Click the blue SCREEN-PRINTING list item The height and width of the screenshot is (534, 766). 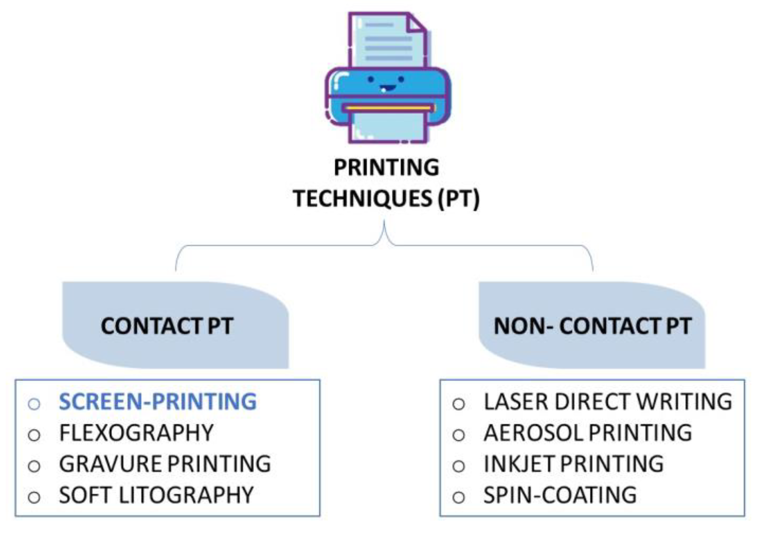pyautogui.click(x=157, y=402)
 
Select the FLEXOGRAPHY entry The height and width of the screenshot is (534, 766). pyautogui.click(x=136, y=433)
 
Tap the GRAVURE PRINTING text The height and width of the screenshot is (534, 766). pyautogui.click(x=165, y=464)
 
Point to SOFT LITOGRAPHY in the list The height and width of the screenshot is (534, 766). pyautogui.click(x=156, y=495)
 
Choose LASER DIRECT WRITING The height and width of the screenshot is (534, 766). pyautogui.click(x=608, y=402)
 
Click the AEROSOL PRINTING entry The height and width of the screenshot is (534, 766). pyautogui.click(x=588, y=433)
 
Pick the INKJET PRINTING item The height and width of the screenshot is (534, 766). pyautogui.click(x=574, y=464)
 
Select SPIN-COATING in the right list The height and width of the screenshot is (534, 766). pyautogui.click(x=560, y=495)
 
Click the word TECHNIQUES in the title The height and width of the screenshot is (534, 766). pyautogui.click(x=363, y=198)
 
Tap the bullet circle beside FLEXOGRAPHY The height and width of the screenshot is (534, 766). pyautogui.click(x=34, y=435)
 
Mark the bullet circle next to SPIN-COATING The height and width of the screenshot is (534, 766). pyautogui.click(x=458, y=497)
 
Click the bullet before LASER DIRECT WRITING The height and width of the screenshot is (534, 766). pyautogui.click(x=458, y=404)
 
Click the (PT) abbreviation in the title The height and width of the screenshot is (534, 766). pyautogui.click(x=458, y=198)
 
